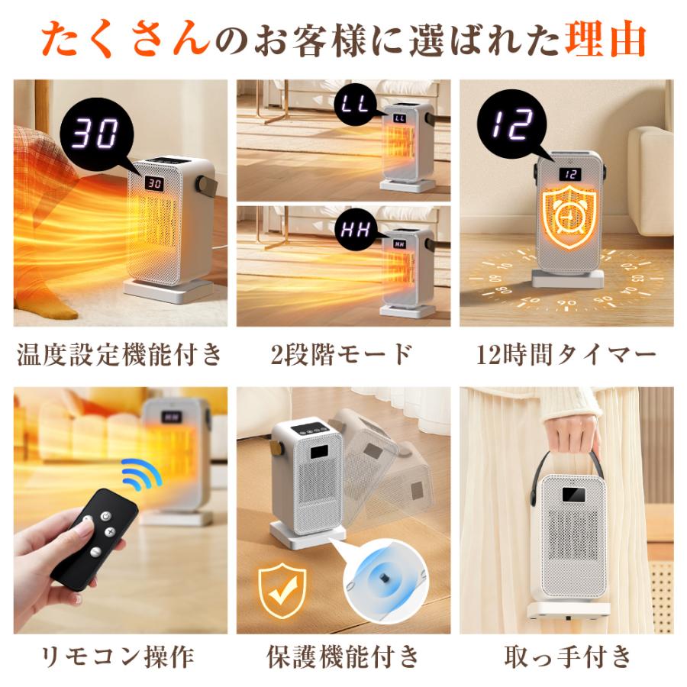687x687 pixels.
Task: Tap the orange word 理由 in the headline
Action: [605, 38]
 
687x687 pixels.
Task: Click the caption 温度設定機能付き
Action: [120, 354]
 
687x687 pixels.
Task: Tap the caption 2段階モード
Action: [341, 354]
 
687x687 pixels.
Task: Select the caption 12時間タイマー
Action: [566, 354]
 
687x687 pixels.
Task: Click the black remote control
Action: [92, 538]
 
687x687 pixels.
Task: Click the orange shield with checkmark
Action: [282, 589]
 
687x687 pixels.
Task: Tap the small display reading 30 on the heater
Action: [154, 183]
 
